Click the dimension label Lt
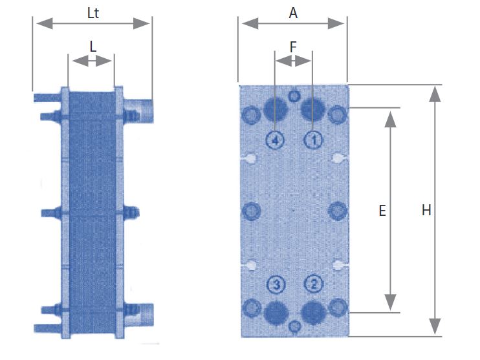coord(93,13)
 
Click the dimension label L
coord(93,47)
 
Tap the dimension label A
coord(293,13)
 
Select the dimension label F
coord(293,47)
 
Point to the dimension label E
coord(382,211)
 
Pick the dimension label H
coord(426,211)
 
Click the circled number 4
coord(275,140)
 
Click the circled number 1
coord(314,140)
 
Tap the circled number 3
coord(276,285)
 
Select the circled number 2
coord(314,284)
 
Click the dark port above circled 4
coord(276,109)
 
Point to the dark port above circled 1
coord(313,109)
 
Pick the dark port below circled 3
coord(276,313)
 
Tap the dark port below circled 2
coord(314,313)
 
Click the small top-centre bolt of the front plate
coord(294,96)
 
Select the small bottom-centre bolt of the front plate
coord(294,326)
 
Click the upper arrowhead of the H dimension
coord(435,94)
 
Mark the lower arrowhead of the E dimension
coord(390,302)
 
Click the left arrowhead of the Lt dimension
coord(45,23)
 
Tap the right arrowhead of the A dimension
coord(336,23)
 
